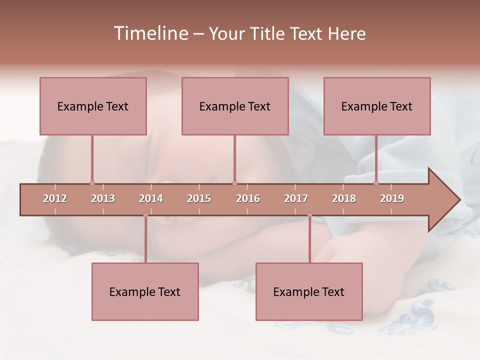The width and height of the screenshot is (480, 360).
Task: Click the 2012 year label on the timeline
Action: [x=55, y=198]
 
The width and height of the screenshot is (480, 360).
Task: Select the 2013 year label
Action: [x=103, y=198]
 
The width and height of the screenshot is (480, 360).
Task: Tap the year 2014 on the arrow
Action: [x=151, y=198]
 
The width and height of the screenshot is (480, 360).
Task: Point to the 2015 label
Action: [x=199, y=198]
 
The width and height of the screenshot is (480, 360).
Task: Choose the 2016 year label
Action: [x=248, y=198]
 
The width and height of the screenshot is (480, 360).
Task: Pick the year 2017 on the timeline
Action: [x=296, y=198]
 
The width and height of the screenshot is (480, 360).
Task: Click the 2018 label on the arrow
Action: [x=344, y=198]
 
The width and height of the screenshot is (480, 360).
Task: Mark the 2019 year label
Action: [x=392, y=198]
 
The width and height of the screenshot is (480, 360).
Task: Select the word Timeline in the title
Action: [x=150, y=33]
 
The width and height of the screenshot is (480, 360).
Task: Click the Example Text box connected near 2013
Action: [x=93, y=106]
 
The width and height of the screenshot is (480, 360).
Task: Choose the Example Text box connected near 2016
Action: [x=235, y=106]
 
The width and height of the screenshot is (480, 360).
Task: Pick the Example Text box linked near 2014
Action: [x=145, y=291]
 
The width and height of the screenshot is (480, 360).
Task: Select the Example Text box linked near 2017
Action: [x=309, y=291]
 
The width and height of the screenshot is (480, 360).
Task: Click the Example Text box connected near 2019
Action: [x=377, y=106]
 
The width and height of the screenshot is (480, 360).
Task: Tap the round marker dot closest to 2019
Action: [x=376, y=183]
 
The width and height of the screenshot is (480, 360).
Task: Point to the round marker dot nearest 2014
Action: [x=145, y=215]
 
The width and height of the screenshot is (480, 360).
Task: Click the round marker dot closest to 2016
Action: [x=234, y=183]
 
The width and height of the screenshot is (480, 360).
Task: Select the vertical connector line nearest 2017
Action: [x=309, y=239]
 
